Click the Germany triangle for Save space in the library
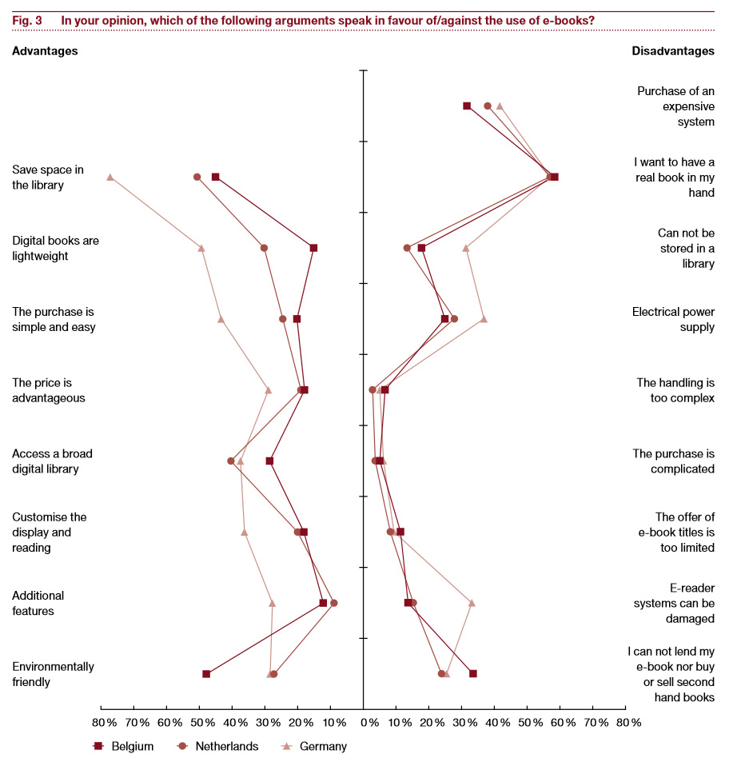110,177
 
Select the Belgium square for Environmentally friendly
206,674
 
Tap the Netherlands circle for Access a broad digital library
231,461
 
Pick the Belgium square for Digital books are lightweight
313,248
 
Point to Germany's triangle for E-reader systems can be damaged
472,603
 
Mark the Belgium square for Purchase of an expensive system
467,106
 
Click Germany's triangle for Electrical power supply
484,319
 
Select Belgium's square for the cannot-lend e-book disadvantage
473,674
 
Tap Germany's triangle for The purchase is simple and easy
221,319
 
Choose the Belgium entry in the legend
123,746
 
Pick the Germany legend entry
316,746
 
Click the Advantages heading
45,51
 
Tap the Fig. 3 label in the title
27,20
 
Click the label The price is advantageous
49,389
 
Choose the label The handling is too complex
675,389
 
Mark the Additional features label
38,603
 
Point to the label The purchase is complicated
674,461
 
